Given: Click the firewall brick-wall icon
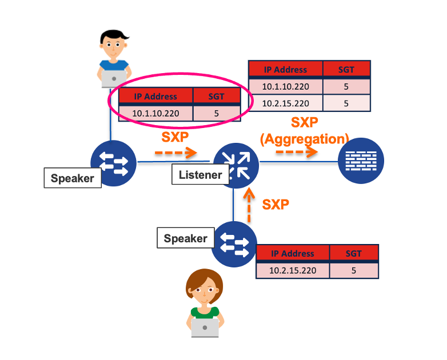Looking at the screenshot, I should click(x=360, y=162).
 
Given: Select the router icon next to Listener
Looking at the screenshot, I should click(x=236, y=165).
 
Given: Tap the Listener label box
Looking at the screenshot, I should click(x=199, y=175).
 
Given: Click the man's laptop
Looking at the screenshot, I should click(x=114, y=78).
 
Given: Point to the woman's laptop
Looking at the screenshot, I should click(x=205, y=327).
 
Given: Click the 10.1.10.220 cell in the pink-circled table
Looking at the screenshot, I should click(x=156, y=113).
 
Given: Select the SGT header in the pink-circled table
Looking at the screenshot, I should click(x=215, y=96).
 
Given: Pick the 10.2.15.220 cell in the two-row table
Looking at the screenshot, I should click(x=285, y=103).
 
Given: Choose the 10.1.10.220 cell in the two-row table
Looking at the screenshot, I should click(x=285, y=87).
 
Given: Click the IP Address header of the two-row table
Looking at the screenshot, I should click(x=285, y=70).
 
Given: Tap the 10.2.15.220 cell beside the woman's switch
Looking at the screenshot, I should click(x=292, y=270).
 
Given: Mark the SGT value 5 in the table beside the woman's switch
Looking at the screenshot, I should click(x=354, y=270).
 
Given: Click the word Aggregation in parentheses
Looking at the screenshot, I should click(x=304, y=138).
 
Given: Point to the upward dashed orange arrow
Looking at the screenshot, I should click(x=248, y=206).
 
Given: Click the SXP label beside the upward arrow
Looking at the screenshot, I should click(x=276, y=204).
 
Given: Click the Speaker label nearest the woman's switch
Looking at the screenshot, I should click(x=185, y=238).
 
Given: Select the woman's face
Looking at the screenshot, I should click(x=204, y=290).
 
